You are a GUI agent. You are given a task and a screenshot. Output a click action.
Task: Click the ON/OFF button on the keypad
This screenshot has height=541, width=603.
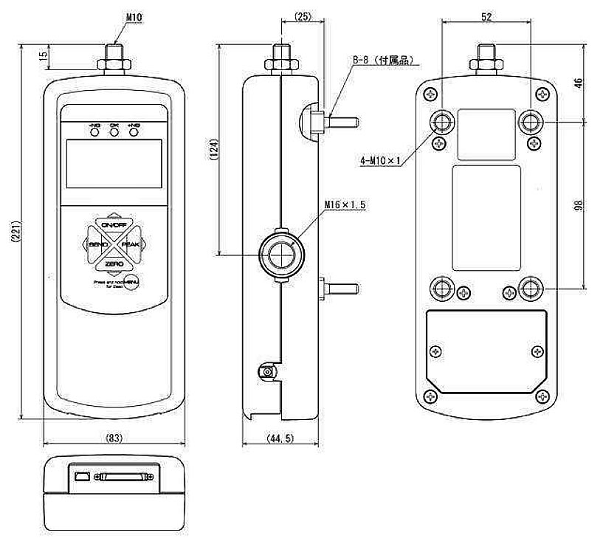[x=114, y=224]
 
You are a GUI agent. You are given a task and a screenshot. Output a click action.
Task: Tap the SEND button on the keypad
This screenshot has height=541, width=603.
[x=97, y=244]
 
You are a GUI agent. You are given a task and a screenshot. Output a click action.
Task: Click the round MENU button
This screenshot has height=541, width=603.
[x=131, y=282]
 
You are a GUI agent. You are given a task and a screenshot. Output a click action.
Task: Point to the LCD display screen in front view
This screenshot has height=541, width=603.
[x=114, y=163]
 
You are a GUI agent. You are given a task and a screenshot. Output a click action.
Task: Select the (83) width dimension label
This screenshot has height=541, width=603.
[x=114, y=438]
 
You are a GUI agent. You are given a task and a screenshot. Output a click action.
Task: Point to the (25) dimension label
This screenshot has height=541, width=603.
[x=302, y=15]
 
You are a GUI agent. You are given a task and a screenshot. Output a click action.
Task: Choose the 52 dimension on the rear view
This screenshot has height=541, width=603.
[x=486, y=15]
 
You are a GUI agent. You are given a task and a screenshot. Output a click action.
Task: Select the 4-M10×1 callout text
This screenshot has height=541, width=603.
[x=381, y=160]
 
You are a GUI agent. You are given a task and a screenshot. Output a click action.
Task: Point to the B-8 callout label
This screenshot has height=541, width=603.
[x=384, y=59]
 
